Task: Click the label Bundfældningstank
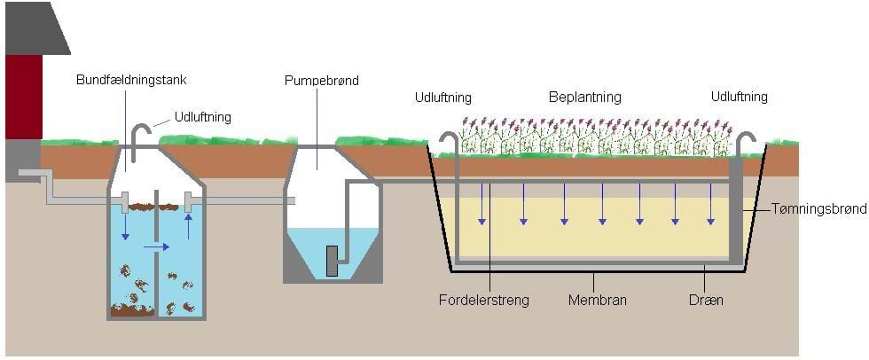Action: pyautogui.click(x=131, y=80)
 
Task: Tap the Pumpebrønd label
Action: pyautogui.click(x=321, y=81)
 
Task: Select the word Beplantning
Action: pyautogui.click(x=584, y=97)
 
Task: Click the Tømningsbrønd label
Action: pyautogui.click(x=816, y=209)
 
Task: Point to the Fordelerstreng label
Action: pyautogui.click(x=483, y=300)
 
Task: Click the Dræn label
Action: pyautogui.click(x=706, y=300)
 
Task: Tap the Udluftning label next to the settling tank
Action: pyautogui.click(x=203, y=116)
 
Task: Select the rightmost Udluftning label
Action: pyautogui.click(x=739, y=97)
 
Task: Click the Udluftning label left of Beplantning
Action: pyautogui.click(x=442, y=97)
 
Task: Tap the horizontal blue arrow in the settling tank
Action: pyautogui.click(x=155, y=247)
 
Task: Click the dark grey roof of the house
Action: pyautogui.click(x=35, y=31)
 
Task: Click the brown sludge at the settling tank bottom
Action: pyautogui.click(x=132, y=310)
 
